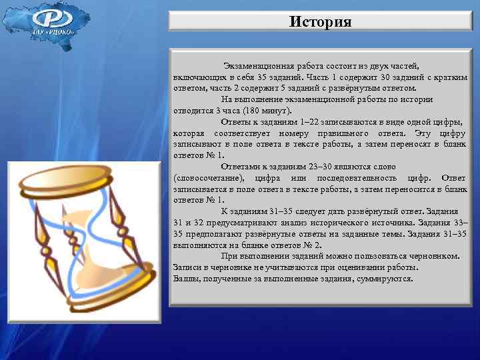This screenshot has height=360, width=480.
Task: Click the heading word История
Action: tap(321, 22)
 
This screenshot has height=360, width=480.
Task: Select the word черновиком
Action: tap(436, 256)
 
